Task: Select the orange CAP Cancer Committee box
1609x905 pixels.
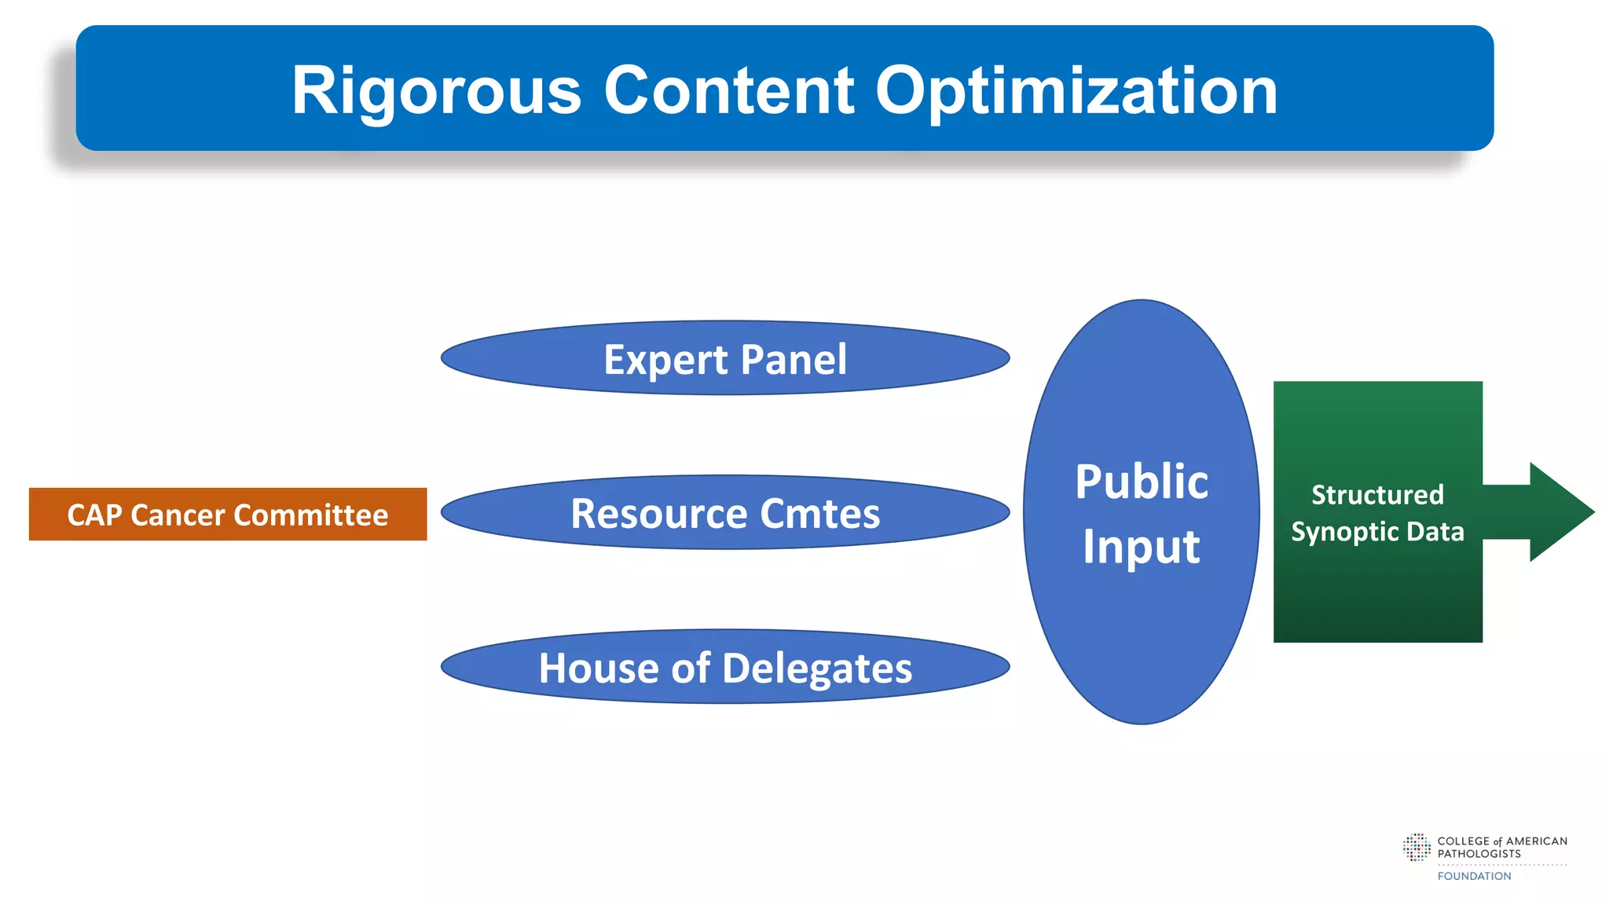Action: [x=228, y=515]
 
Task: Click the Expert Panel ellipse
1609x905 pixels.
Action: [x=724, y=359]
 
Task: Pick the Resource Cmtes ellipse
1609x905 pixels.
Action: [x=724, y=514]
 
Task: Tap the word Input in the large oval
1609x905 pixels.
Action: [x=1142, y=546]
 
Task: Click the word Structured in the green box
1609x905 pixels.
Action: [x=1377, y=495]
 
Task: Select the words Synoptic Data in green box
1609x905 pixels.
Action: [x=1377, y=532]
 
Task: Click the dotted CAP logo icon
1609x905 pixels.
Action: [x=1417, y=847]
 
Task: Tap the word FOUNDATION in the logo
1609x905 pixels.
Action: [x=1474, y=876]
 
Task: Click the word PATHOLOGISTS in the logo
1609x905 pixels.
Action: [x=1479, y=854]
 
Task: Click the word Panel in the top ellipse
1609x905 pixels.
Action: [x=794, y=359]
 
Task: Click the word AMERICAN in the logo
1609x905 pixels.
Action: [x=1536, y=841]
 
